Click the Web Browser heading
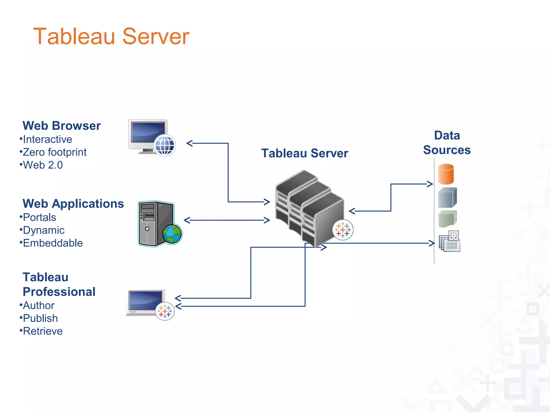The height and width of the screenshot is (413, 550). point(61,126)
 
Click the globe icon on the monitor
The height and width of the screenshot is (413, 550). point(165,145)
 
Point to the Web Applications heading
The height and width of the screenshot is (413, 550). point(73,204)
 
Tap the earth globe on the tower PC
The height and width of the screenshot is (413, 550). point(172,234)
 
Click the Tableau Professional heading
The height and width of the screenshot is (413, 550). point(59,284)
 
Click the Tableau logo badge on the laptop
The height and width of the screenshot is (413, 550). point(165,311)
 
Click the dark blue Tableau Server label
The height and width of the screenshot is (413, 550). point(305,153)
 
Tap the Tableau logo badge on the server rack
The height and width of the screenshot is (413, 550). point(343,230)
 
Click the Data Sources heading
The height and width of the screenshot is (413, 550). point(447,143)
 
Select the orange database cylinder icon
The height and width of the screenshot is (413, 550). point(446,174)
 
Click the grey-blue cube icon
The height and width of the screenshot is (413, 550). point(447,198)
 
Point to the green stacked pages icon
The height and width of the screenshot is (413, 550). point(447,219)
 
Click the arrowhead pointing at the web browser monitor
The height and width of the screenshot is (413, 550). point(190,143)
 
